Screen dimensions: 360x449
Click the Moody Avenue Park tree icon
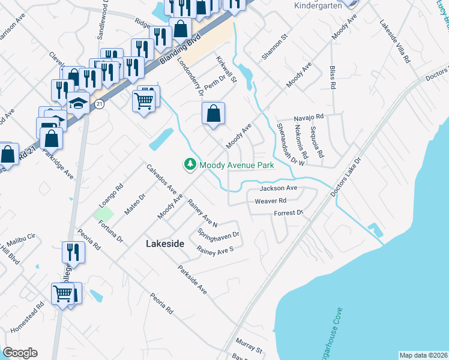190,164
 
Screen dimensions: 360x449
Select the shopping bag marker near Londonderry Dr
213,113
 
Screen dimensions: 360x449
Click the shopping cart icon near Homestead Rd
63,294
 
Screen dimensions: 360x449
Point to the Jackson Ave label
279,188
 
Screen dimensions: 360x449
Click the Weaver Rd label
269,201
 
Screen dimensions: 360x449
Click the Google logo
20,353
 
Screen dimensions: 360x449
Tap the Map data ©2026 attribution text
423,355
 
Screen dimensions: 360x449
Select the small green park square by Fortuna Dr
103,214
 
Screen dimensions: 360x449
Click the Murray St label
249,346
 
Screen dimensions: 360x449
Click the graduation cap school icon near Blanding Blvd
77,103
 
